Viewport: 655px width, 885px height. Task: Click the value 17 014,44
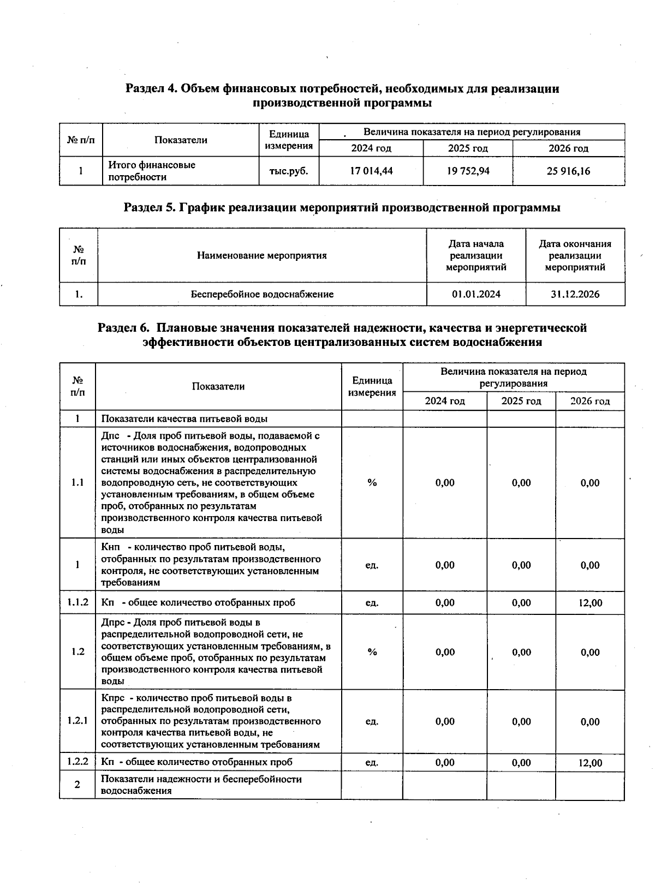(371, 171)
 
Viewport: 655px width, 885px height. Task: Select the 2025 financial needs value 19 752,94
(468, 171)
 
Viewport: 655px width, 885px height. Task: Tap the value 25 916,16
(568, 171)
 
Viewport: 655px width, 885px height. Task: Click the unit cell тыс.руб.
(289, 171)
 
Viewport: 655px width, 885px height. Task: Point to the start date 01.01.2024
(476, 294)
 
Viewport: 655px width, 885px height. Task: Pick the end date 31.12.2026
(575, 294)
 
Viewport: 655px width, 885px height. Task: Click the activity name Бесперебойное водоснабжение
(262, 294)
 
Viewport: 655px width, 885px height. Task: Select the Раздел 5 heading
(342, 207)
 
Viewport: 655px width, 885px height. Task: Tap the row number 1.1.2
(78, 602)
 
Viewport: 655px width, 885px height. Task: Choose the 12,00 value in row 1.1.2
(590, 603)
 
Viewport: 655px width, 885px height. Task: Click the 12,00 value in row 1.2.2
(590, 763)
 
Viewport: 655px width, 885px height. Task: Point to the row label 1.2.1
(78, 721)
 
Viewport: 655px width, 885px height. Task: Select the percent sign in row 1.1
(372, 482)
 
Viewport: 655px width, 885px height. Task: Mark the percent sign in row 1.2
(372, 651)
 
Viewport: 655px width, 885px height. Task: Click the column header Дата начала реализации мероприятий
(476, 255)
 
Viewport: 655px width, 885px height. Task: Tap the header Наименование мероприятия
(262, 255)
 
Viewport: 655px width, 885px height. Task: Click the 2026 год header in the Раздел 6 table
(589, 401)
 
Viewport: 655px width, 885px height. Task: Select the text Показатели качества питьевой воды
(184, 418)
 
